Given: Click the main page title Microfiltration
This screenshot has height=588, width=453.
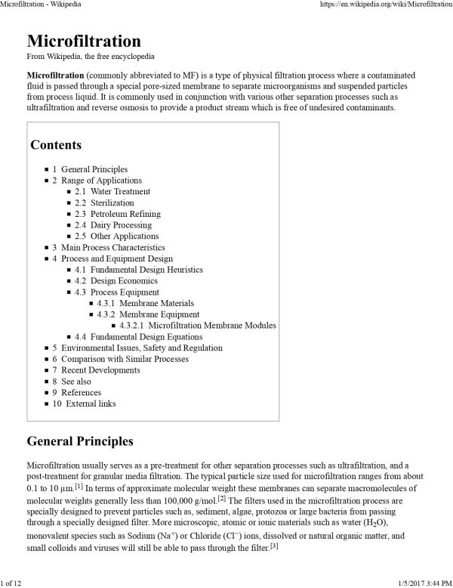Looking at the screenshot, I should tap(83, 42).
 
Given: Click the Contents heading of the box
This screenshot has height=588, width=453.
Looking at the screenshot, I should tap(56, 144).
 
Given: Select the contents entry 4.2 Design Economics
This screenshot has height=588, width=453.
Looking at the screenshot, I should tap(110, 280).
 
